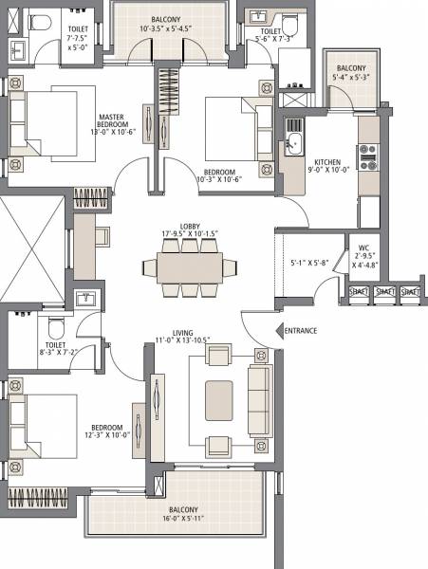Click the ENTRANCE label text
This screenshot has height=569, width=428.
coord(301,330)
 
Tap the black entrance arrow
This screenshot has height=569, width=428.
coord(278,330)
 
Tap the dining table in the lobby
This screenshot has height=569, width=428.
coord(190,269)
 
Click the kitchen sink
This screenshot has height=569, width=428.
coord(293,145)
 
